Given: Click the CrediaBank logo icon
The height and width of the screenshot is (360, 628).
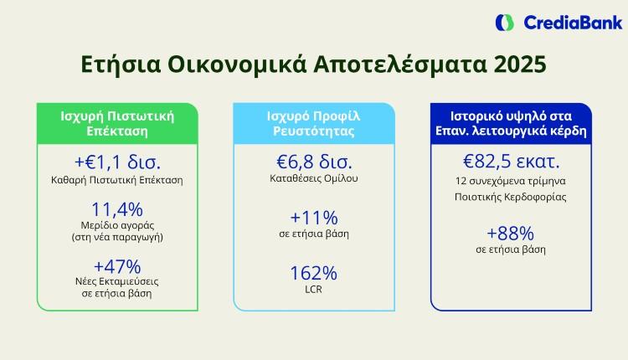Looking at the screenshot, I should [505, 23].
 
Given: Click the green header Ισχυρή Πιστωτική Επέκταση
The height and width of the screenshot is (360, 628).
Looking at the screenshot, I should [116, 123].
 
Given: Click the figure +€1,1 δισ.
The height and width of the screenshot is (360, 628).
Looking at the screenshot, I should [116, 162].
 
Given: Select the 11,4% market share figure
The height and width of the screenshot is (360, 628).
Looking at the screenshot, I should [116, 209].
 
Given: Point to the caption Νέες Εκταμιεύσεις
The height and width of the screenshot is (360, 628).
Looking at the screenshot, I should [116, 281].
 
